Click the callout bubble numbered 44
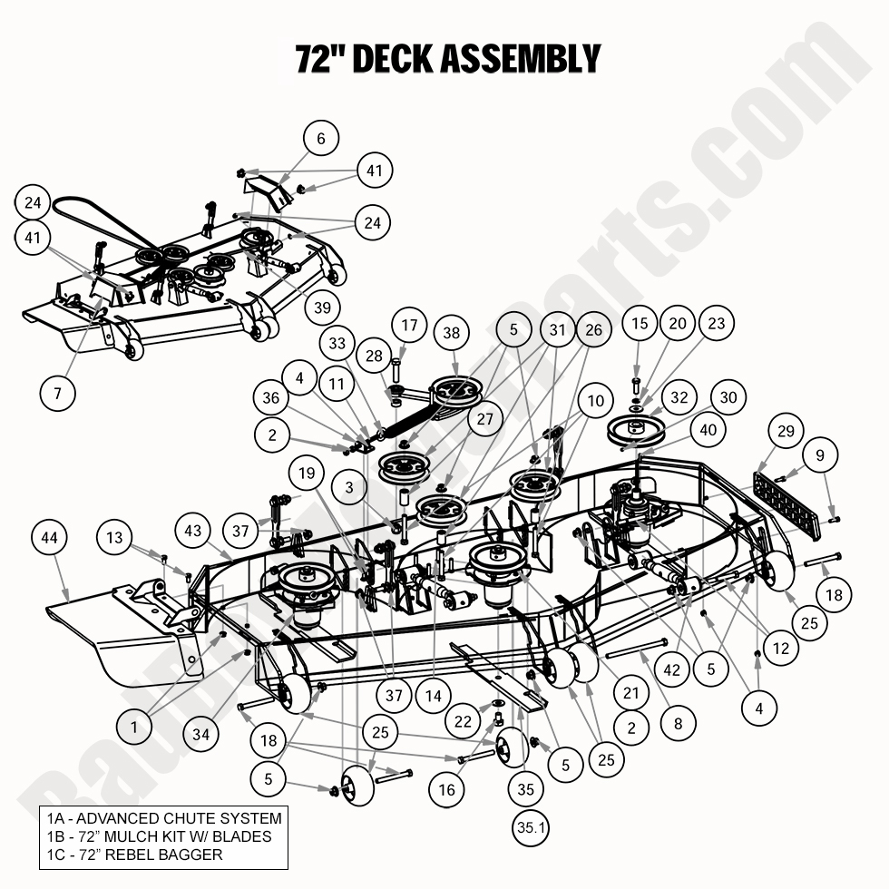click(x=50, y=539)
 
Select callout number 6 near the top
click(x=320, y=139)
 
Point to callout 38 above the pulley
click(x=452, y=334)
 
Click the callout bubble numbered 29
click(x=786, y=432)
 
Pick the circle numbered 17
click(x=410, y=324)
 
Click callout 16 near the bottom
click(x=446, y=789)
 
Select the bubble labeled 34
click(x=200, y=735)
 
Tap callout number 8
click(x=678, y=724)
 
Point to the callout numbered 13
click(x=113, y=538)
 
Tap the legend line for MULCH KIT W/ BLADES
click(x=159, y=835)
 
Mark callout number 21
click(x=631, y=693)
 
